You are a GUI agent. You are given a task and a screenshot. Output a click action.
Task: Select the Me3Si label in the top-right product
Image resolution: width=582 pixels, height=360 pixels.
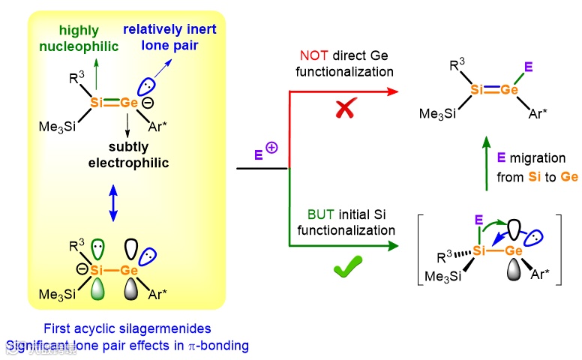[x=439, y=114]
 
